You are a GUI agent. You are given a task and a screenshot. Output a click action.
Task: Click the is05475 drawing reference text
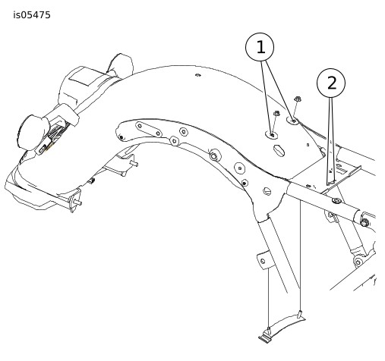[32, 15]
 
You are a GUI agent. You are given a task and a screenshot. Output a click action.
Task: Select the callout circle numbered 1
[260, 47]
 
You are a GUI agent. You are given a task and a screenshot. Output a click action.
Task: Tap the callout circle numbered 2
[331, 83]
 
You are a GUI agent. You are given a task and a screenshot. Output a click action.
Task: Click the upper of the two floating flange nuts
[298, 99]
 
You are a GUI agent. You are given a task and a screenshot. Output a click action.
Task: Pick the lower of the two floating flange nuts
[276, 114]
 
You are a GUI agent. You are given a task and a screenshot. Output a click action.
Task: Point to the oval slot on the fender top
[279, 150]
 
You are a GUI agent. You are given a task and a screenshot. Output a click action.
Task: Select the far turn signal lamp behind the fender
[121, 63]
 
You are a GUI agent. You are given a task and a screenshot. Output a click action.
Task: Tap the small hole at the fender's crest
[197, 75]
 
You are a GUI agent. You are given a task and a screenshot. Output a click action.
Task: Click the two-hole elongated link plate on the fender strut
[149, 129]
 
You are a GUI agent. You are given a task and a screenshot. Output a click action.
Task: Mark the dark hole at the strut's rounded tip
[121, 137]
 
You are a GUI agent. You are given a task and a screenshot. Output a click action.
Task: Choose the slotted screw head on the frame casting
[267, 191]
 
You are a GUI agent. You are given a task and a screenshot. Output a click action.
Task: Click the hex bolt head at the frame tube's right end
[364, 223]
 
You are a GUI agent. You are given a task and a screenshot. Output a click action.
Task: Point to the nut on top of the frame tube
[336, 201]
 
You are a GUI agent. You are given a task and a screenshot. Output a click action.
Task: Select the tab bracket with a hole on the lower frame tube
[265, 259]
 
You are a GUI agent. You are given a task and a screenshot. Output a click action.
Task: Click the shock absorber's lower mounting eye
[358, 262]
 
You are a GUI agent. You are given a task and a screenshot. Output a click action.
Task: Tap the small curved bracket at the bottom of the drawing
[282, 327]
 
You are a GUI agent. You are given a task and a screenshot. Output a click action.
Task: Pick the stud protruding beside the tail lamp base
[77, 202]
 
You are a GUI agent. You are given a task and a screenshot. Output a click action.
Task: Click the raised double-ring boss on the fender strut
[214, 156]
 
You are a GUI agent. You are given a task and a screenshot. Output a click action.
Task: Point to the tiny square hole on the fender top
[308, 145]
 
